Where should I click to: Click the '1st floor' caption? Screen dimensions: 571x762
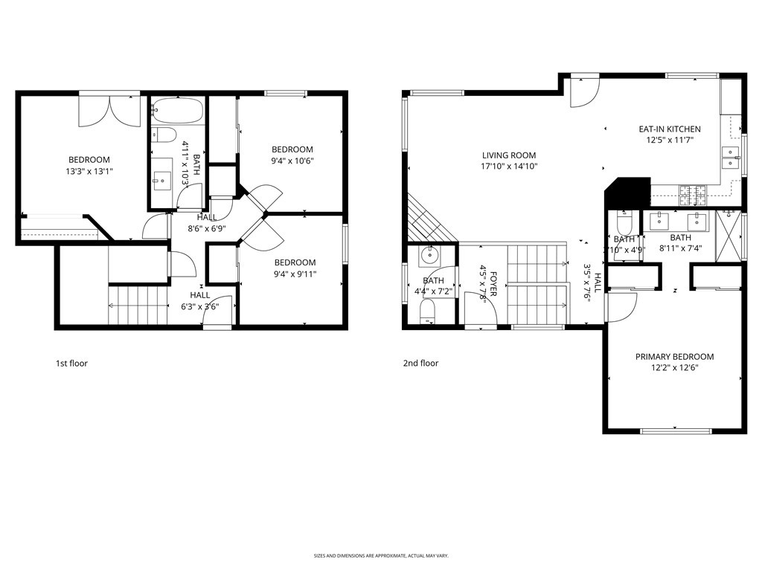click(71, 364)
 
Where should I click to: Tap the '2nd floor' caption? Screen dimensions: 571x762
click(420, 364)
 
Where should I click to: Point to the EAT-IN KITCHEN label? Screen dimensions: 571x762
click(670, 129)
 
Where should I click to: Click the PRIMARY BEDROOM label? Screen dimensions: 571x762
click(674, 357)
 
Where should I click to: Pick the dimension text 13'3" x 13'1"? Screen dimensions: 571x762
click(89, 171)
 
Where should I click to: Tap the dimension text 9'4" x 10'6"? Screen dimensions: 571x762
click(292, 160)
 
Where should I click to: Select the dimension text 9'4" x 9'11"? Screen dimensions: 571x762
click(295, 273)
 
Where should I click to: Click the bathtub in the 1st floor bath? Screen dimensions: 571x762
click(176, 112)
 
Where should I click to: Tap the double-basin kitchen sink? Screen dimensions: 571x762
click(731, 158)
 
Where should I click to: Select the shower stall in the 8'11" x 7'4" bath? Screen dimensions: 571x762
click(729, 236)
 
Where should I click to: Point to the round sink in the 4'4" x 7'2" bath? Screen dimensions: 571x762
click(429, 256)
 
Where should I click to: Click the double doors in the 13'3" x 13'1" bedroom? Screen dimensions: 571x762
click(109, 110)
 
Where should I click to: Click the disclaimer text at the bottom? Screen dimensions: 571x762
click(380, 555)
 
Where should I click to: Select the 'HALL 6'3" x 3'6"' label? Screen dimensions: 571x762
click(199, 300)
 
